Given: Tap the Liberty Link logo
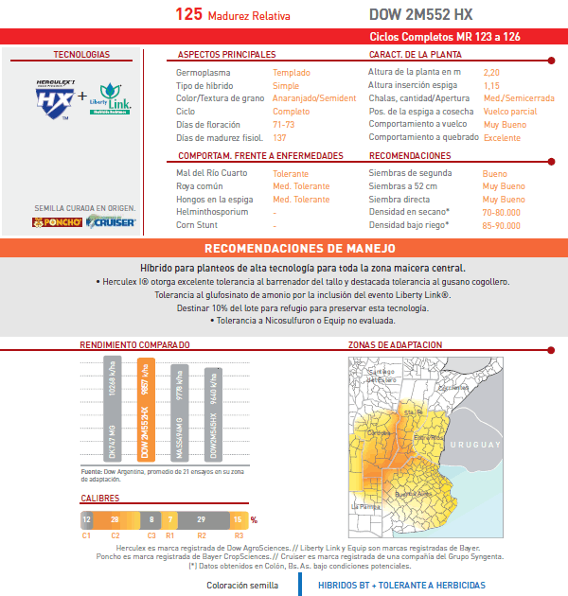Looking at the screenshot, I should [x=113, y=97].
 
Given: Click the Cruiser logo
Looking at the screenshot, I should [x=112, y=222].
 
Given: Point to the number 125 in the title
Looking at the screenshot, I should [x=188, y=15].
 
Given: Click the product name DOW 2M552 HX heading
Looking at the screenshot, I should [x=419, y=15].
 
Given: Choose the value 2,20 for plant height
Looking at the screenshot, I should [x=491, y=72].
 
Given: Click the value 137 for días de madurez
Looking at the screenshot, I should [x=279, y=138].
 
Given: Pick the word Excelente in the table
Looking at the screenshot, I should [x=502, y=138].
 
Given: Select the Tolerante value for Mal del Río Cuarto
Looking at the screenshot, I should [x=290, y=173].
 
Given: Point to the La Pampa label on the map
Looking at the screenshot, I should [x=364, y=507].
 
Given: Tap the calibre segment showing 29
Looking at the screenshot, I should [x=201, y=519].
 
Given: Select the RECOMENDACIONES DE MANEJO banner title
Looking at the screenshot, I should [x=283, y=249].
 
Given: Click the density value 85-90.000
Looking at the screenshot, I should [x=501, y=225].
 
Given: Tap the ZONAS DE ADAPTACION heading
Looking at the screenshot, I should [x=395, y=345].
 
